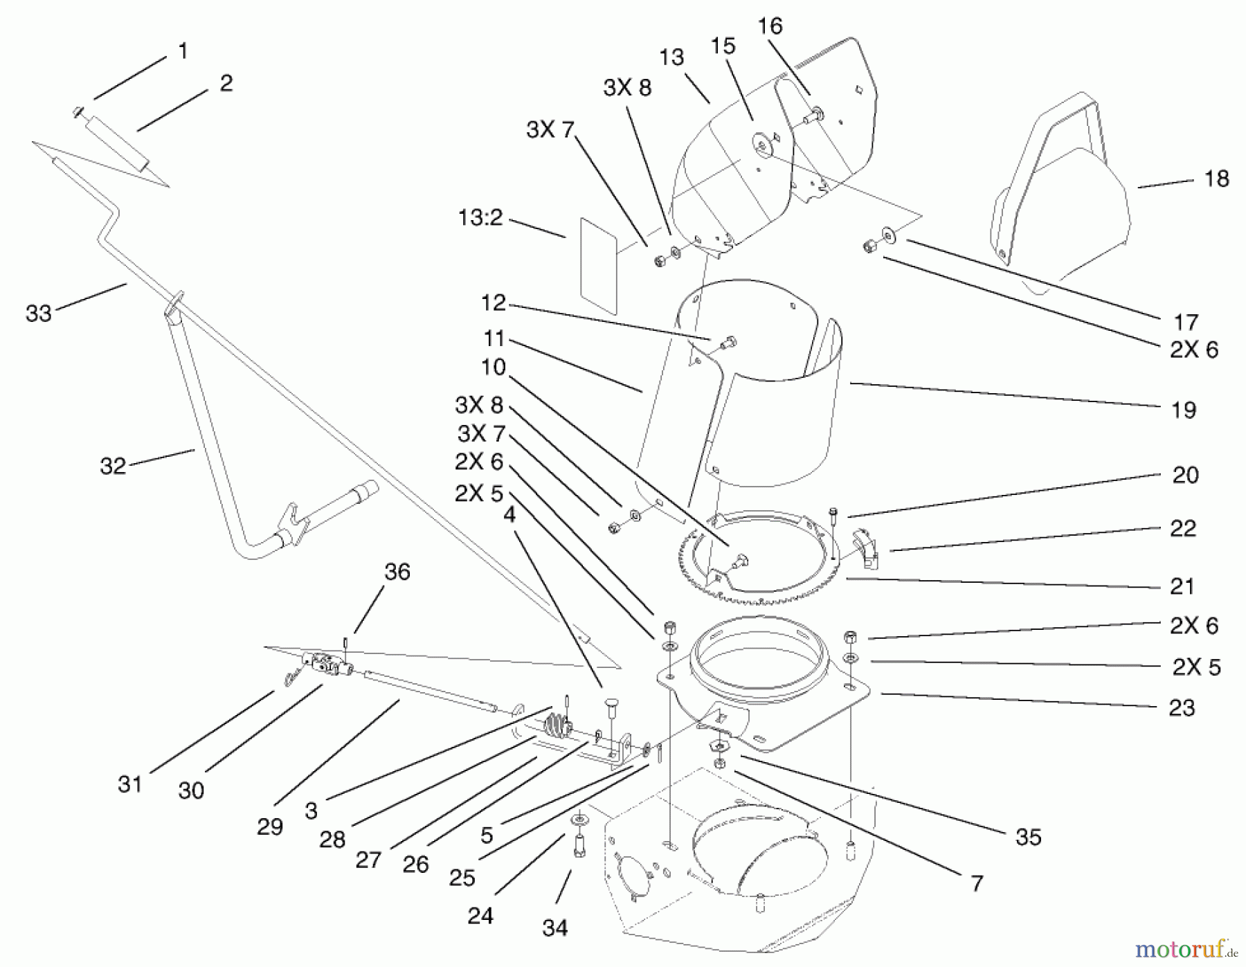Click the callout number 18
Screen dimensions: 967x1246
coord(1216,179)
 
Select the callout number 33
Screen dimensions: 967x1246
coord(39,314)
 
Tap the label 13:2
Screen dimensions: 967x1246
coord(480,218)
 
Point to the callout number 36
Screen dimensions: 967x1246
coord(397,572)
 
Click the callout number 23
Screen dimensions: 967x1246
coord(1182,707)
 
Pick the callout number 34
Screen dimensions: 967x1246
coord(555,928)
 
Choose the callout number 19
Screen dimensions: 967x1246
coord(1184,410)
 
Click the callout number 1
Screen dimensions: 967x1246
coord(183,51)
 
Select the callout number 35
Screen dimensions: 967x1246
coord(1028,837)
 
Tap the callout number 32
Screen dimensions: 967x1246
coord(113,466)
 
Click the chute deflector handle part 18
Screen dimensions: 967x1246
coord(1059,194)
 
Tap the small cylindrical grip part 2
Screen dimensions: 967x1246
coord(118,144)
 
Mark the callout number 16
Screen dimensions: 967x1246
coord(770,26)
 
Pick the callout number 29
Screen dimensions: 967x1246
coord(270,826)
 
